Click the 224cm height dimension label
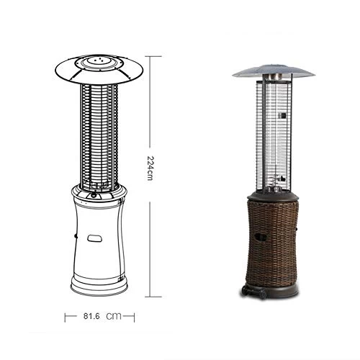tap(150, 168)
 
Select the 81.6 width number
tap(91, 316)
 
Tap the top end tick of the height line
tap(153, 56)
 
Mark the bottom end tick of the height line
tap(153, 297)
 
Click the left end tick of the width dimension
tap(65, 318)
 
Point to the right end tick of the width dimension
tap(134, 318)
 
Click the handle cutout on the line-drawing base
tap(95, 238)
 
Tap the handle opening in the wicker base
tap(258, 237)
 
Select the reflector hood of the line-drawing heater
tap(99, 70)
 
